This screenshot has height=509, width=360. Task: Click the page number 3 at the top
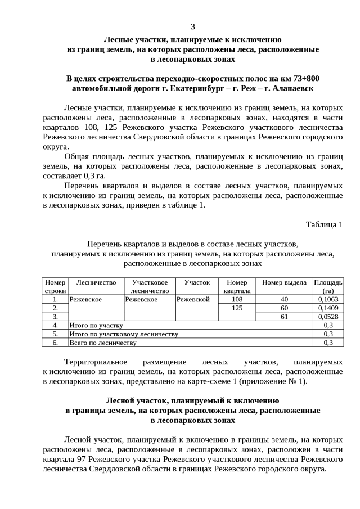193,26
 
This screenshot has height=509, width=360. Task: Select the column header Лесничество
96,282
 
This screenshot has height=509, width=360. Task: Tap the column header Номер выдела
284,282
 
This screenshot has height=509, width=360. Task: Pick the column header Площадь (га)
328,286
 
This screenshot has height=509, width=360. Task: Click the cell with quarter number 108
236,300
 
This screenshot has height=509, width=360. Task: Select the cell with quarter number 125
236,308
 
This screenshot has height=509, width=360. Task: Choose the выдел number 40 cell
284,300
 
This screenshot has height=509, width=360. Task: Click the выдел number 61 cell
284,317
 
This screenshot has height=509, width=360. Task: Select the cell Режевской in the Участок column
193,300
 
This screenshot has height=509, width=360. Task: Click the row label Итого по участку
96,325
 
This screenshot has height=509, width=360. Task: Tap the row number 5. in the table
55,334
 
